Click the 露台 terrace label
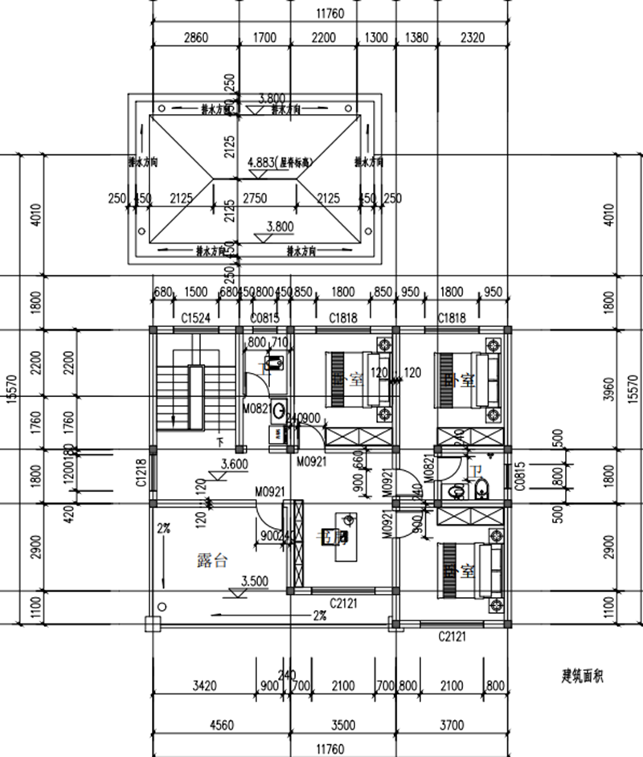tap(212, 560)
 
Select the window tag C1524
tap(195, 318)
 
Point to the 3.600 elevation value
tap(233, 464)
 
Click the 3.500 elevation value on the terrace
tap(254, 579)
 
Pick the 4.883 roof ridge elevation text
tap(281, 162)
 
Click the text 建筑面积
tap(583, 677)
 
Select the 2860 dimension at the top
tap(195, 38)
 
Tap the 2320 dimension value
tap(473, 38)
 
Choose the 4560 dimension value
tap(221, 725)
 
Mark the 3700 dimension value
tap(454, 725)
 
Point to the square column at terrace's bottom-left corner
tap(150, 623)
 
